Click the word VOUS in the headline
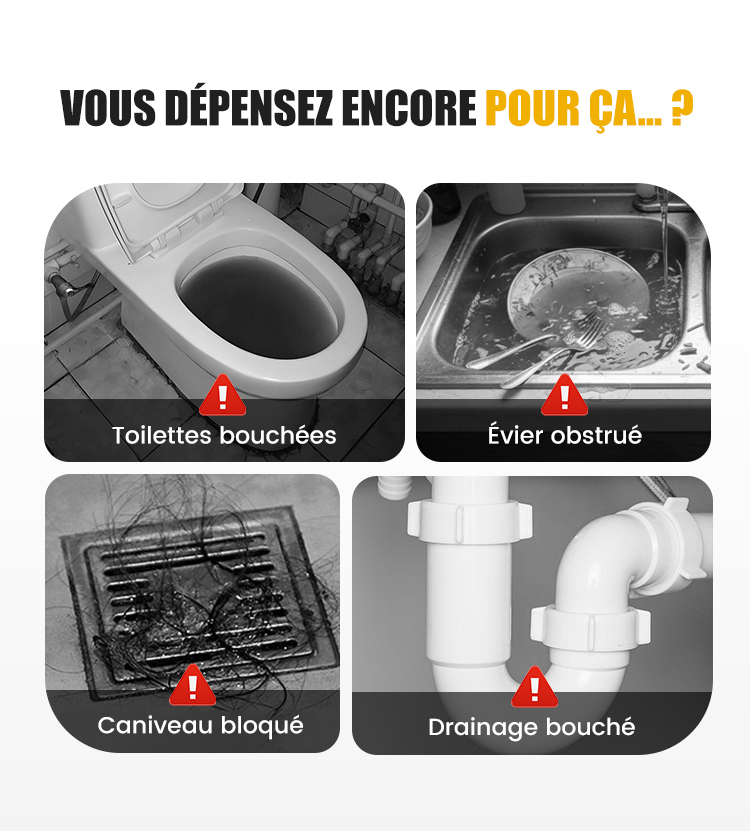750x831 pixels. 108,108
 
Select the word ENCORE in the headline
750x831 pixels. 408,108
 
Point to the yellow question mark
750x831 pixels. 682,108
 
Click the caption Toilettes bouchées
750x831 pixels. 224,436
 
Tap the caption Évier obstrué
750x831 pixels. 564,435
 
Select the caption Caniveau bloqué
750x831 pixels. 200,726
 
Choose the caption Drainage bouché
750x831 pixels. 532,728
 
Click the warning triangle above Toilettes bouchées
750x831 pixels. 223,395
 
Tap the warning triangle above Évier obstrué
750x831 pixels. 564,395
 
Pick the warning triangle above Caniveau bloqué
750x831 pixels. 192,685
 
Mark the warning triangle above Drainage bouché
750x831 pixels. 534,687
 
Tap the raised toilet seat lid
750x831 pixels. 169,218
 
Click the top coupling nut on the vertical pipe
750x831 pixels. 469,522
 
